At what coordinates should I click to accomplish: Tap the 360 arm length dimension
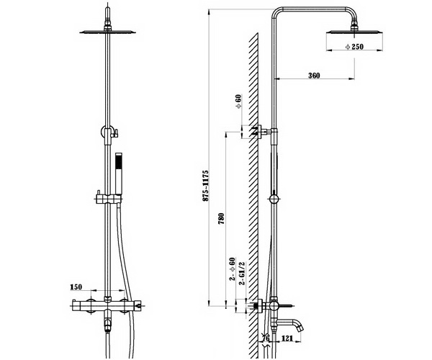coord(313,75)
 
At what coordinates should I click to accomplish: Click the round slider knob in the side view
coord(274,198)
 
